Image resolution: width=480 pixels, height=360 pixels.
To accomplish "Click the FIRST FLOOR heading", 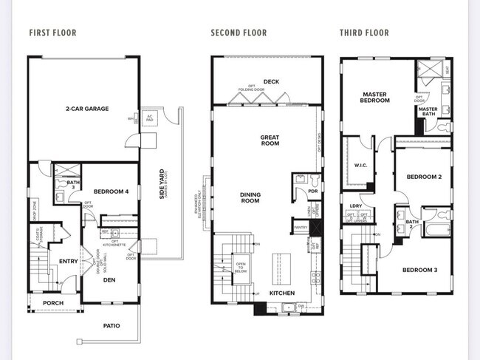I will point(52,33).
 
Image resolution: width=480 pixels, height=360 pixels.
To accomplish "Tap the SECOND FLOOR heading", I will point(239,33).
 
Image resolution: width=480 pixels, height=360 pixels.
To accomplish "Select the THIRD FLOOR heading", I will point(363,33).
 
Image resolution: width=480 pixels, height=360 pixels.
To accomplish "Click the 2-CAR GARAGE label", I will point(87,109).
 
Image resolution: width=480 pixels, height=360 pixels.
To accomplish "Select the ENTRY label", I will point(69,261).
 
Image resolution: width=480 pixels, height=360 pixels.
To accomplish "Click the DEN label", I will point(109,280).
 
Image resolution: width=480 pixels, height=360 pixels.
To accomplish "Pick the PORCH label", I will point(53,303).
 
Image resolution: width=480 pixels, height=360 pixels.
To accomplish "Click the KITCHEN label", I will point(281,293).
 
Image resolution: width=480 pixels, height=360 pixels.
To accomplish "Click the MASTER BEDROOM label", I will point(374,97).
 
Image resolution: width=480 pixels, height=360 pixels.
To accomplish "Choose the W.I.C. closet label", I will point(361,165).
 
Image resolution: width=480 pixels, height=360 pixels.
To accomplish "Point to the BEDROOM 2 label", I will point(423,177).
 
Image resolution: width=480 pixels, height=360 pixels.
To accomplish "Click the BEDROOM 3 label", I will point(419,270).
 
